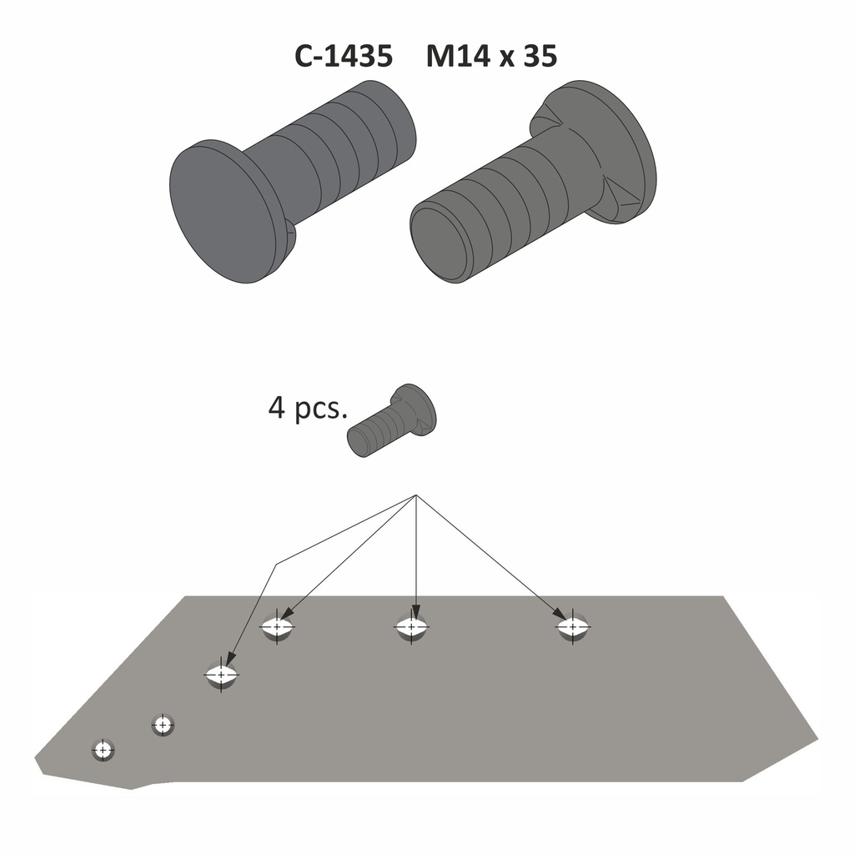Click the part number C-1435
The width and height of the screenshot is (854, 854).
click(343, 57)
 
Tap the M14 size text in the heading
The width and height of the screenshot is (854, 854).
click(459, 57)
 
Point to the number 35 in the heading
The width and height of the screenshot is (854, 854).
click(540, 57)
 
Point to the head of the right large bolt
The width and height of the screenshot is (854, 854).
click(609, 150)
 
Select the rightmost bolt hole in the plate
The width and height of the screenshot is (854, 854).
click(572, 625)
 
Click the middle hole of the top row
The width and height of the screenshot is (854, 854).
click(412, 625)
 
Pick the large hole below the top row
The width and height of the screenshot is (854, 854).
click(221, 674)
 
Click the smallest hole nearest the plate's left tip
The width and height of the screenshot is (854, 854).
click(103, 750)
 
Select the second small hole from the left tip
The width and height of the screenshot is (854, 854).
click(163, 724)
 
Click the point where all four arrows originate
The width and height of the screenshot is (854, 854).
click(415, 496)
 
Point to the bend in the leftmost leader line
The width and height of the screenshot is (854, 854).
click(276, 564)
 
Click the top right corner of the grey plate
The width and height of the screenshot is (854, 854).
click(723, 597)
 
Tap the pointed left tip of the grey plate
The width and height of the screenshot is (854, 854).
click(36, 761)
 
